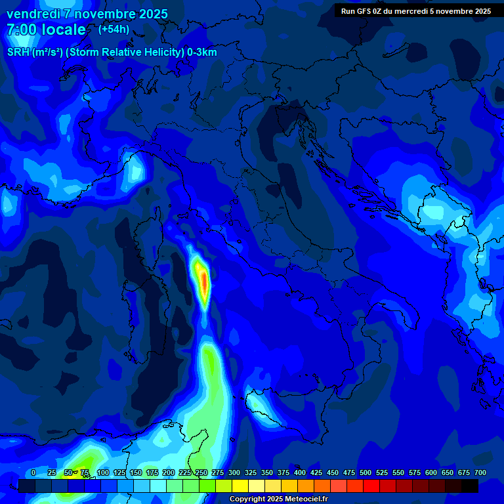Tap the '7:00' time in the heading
pos(22,30)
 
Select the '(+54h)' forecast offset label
pos(114,29)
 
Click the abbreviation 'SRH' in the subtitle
pos(18,52)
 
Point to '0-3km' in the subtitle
pos(202,52)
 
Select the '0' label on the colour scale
pos(33,472)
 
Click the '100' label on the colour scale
pos(103,472)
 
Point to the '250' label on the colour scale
pos(201,472)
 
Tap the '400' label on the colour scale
pos(300,472)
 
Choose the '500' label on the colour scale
pos(366,472)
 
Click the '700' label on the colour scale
pos(480,472)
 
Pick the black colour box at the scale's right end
pos(470,486)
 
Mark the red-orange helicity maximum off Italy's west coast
pos(203,282)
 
